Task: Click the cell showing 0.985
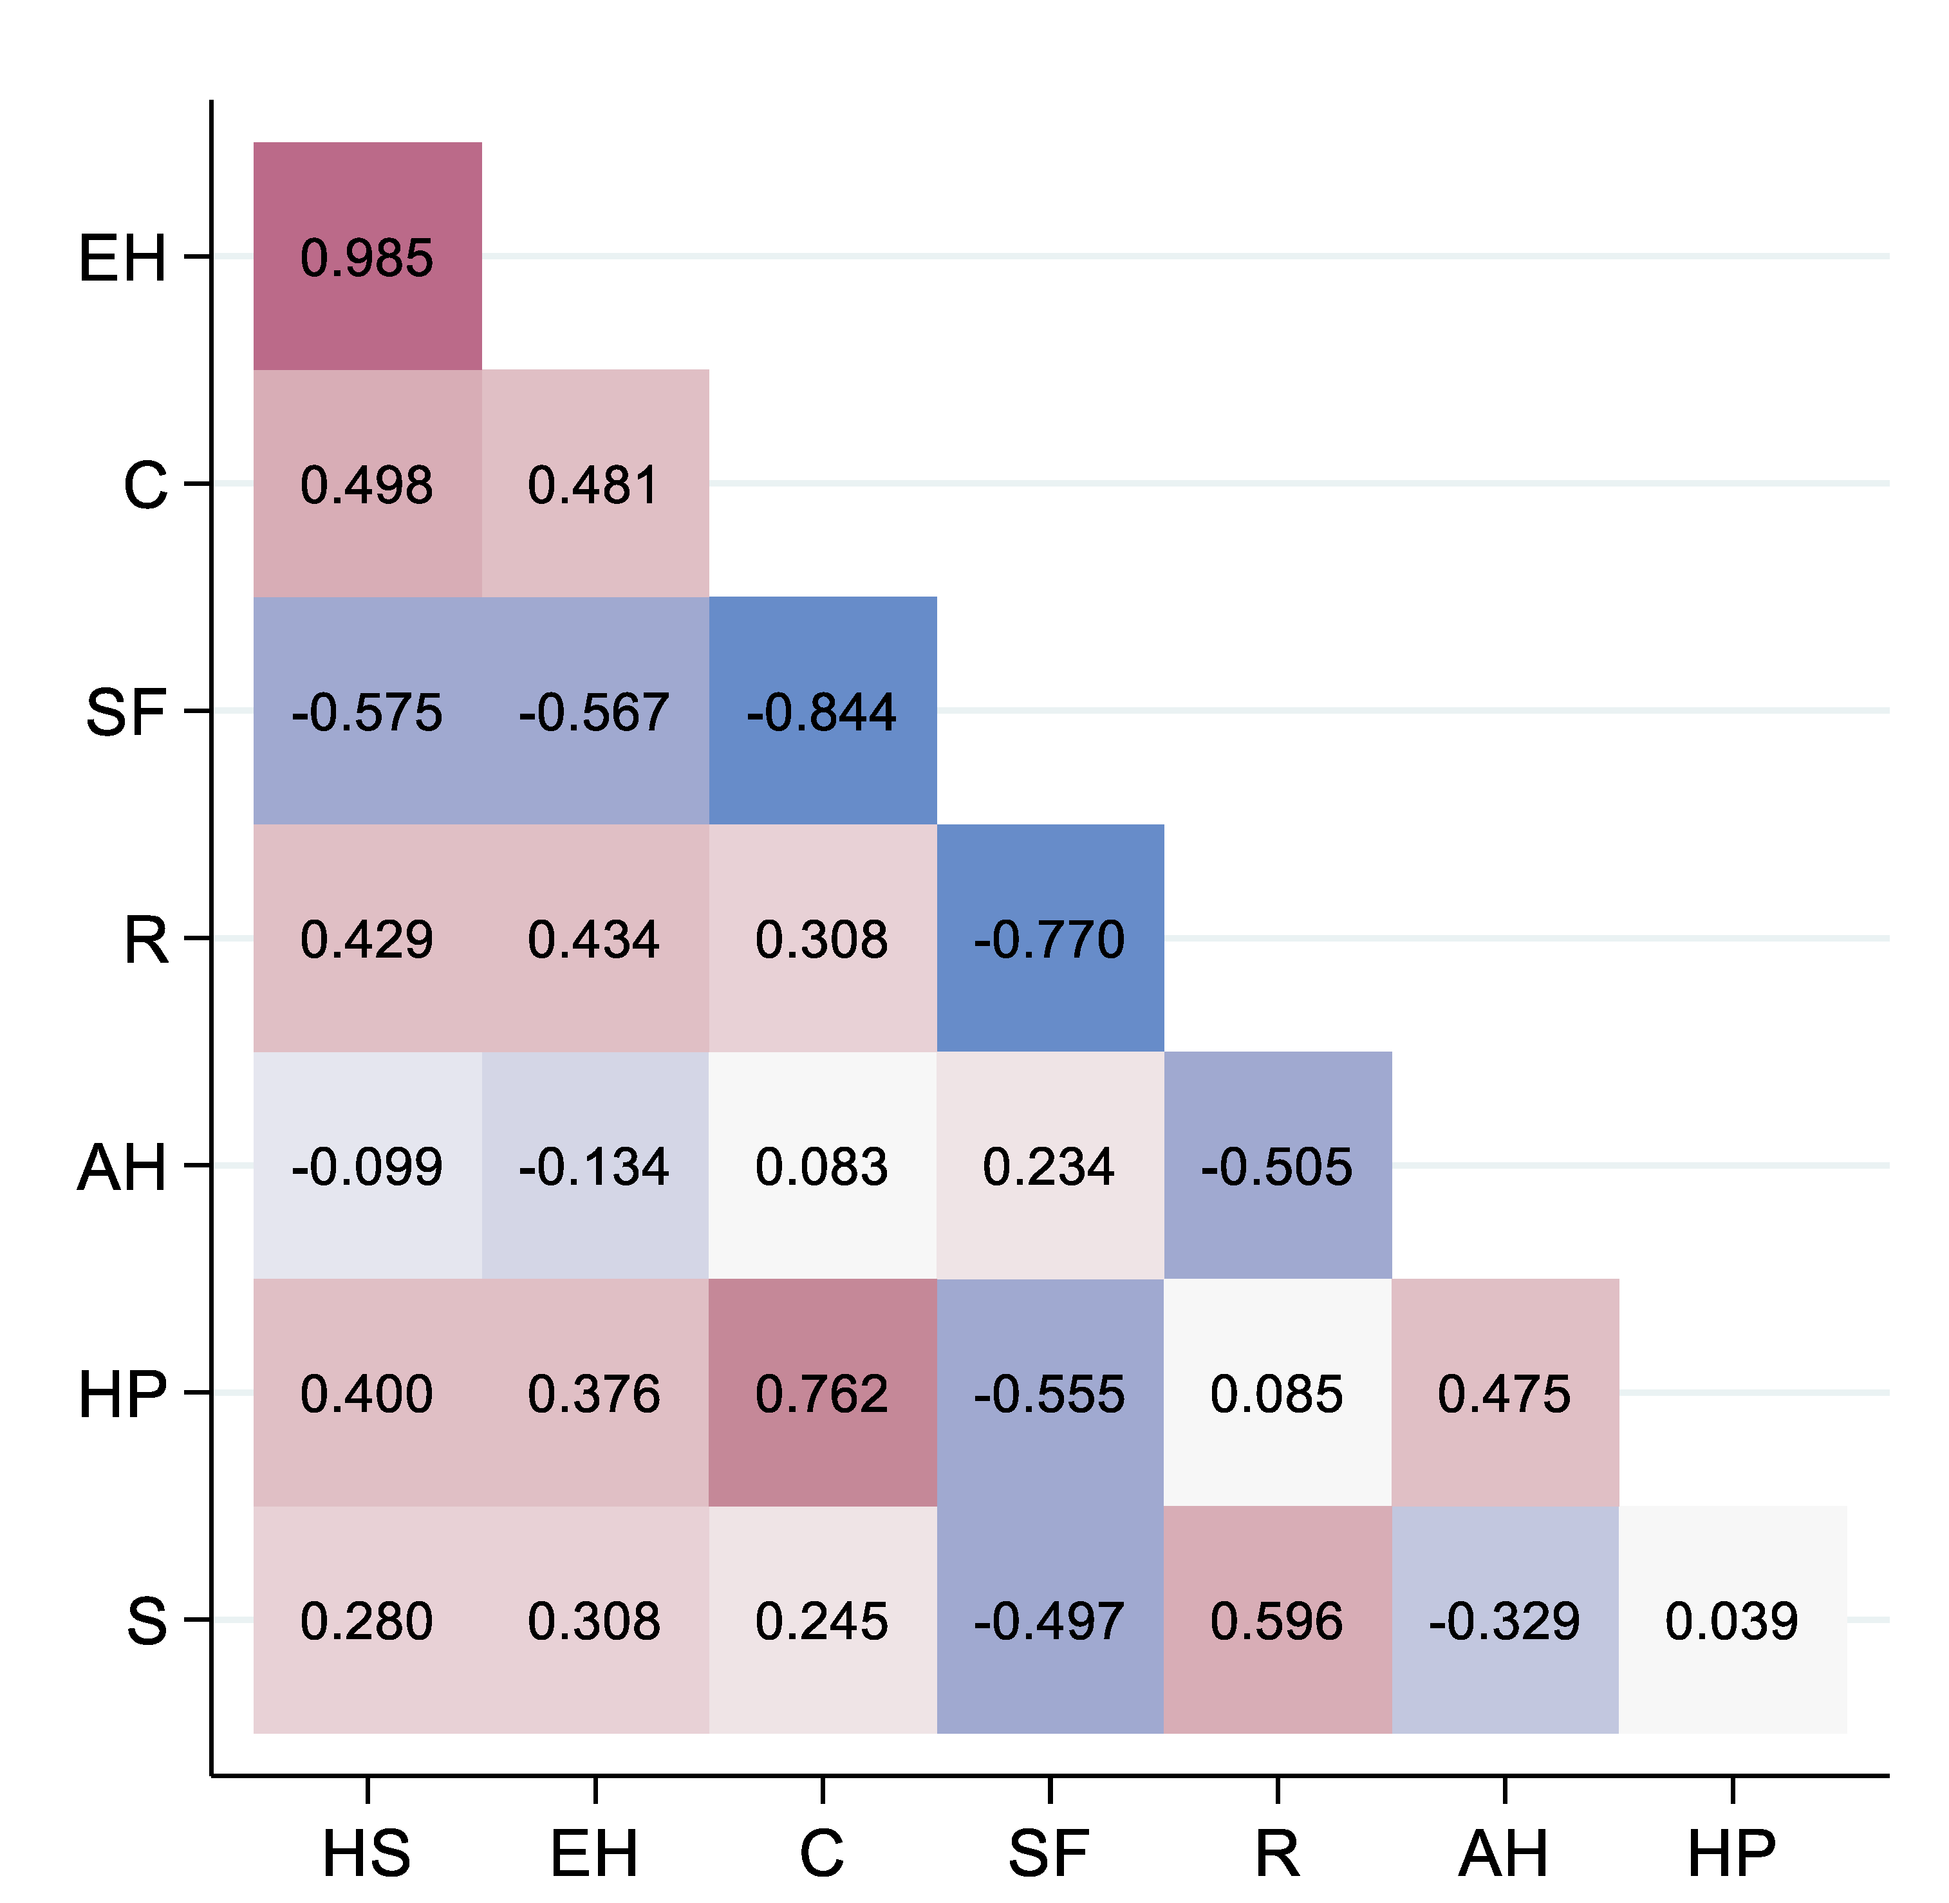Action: point(367,257)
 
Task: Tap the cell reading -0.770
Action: point(1049,938)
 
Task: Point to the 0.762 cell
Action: point(821,1393)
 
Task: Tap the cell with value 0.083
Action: point(821,1165)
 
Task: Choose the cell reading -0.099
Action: point(367,1165)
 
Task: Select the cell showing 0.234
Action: point(1049,1165)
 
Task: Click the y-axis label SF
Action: point(125,712)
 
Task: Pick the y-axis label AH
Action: point(122,1166)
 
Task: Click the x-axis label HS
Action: point(367,1853)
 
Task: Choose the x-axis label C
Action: point(821,1853)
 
